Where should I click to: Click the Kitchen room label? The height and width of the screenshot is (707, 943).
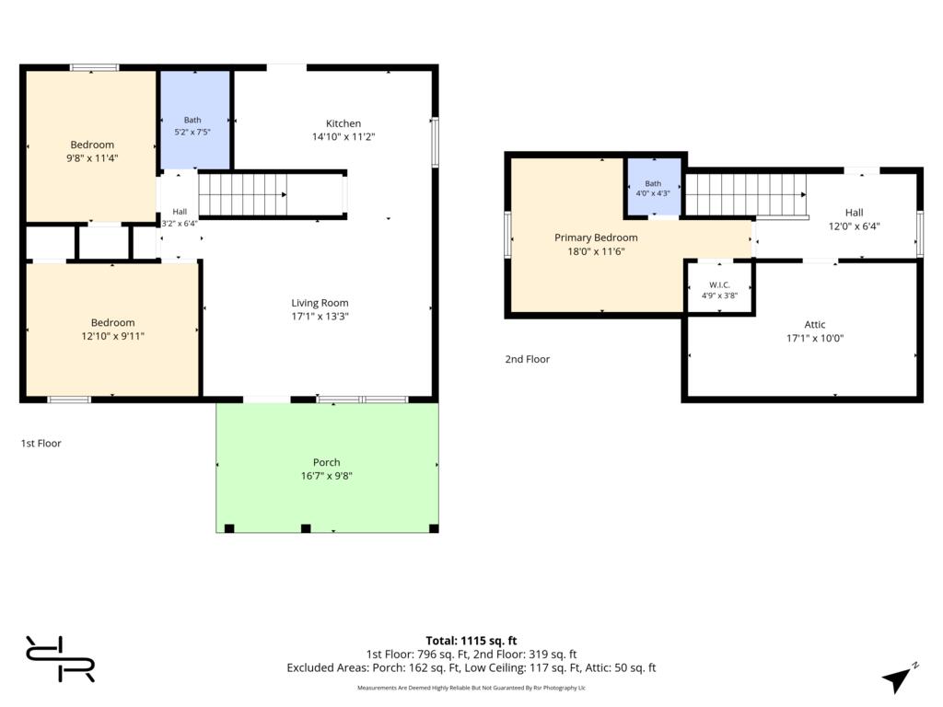pos(343,123)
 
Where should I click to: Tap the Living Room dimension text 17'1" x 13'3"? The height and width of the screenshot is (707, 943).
pos(320,317)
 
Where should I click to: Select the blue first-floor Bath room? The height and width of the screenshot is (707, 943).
pos(195,121)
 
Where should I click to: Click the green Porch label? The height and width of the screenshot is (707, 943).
pos(327,462)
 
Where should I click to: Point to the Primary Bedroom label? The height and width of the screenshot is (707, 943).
pos(596,238)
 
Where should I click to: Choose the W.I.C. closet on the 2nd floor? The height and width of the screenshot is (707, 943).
pos(719,288)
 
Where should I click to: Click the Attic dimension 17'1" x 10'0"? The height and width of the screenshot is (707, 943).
pos(815,338)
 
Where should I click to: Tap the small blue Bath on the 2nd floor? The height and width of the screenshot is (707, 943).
pos(654,186)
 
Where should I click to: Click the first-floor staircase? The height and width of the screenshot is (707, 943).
pos(242,195)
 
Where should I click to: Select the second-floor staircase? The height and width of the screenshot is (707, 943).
pos(746,195)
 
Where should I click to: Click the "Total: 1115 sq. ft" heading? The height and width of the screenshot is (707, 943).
pos(471,641)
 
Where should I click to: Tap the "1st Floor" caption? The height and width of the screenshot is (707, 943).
pos(41,443)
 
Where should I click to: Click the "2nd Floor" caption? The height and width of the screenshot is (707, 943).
pos(528,359)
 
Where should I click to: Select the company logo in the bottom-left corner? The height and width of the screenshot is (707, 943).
pos(60,659)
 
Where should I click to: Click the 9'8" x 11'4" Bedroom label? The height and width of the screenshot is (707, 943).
pos(92,145)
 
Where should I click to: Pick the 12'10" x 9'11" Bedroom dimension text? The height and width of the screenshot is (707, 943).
pos(113,336)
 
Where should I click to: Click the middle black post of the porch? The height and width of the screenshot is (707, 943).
pos(306,528)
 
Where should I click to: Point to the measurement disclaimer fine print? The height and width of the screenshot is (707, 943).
pos(471,688)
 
